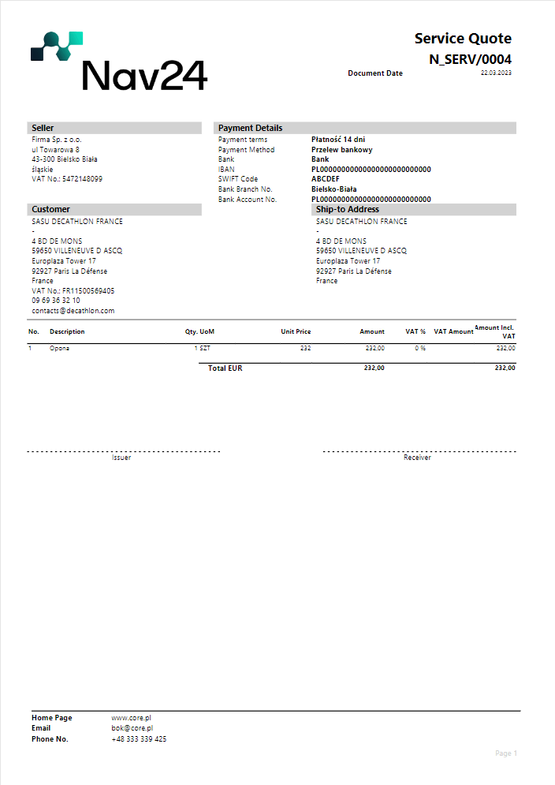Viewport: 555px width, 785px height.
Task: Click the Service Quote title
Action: (463, 39)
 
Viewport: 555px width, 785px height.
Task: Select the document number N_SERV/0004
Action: (470, 59)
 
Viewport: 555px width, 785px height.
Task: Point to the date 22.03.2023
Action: (496, 73)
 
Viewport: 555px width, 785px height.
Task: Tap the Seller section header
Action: (43, 128)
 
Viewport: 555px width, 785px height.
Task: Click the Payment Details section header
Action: (250, 128)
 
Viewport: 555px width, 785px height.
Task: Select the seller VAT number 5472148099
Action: (82, 179)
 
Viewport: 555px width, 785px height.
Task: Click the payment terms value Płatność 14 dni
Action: (338, 140)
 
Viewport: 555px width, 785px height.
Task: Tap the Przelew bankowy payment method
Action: (342, 150)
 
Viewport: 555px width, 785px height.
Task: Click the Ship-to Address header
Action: (347, 210)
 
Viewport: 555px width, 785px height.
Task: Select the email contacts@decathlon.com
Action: (73, 311)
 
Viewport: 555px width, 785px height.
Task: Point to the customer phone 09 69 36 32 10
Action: (55, 301)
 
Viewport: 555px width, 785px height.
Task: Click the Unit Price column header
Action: (296, 332)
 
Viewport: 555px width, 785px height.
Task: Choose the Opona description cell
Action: (59, 348)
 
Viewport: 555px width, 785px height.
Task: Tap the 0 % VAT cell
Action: (420, 348)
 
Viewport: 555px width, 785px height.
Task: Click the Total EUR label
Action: (225, 368)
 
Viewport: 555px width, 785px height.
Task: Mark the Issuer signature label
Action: (121, 458)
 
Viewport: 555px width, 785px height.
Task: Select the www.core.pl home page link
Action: (131, 718)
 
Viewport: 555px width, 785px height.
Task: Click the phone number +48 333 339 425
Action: (139, 739)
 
